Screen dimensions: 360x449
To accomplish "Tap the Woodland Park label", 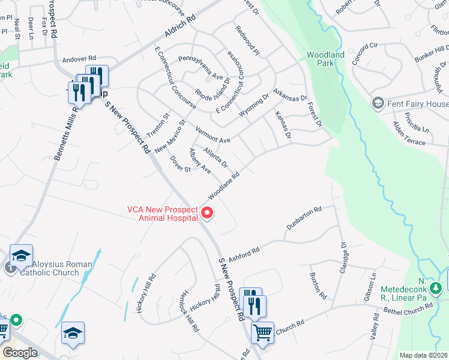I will tap(325, 58).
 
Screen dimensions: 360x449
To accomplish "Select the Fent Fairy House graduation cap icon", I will tap(378, 103).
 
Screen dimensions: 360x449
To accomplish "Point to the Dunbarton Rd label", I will tap(304, 218).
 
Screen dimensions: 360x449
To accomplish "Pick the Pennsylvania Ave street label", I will tap(200, 69).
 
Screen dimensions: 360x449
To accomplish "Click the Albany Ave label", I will tap(199, 161).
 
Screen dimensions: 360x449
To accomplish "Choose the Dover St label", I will tap(180, 164).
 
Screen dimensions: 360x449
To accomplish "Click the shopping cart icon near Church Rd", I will tap(262, 332).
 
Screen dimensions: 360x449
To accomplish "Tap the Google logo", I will tap(19, 353).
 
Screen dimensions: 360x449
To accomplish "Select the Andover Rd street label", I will tap(79, 59).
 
